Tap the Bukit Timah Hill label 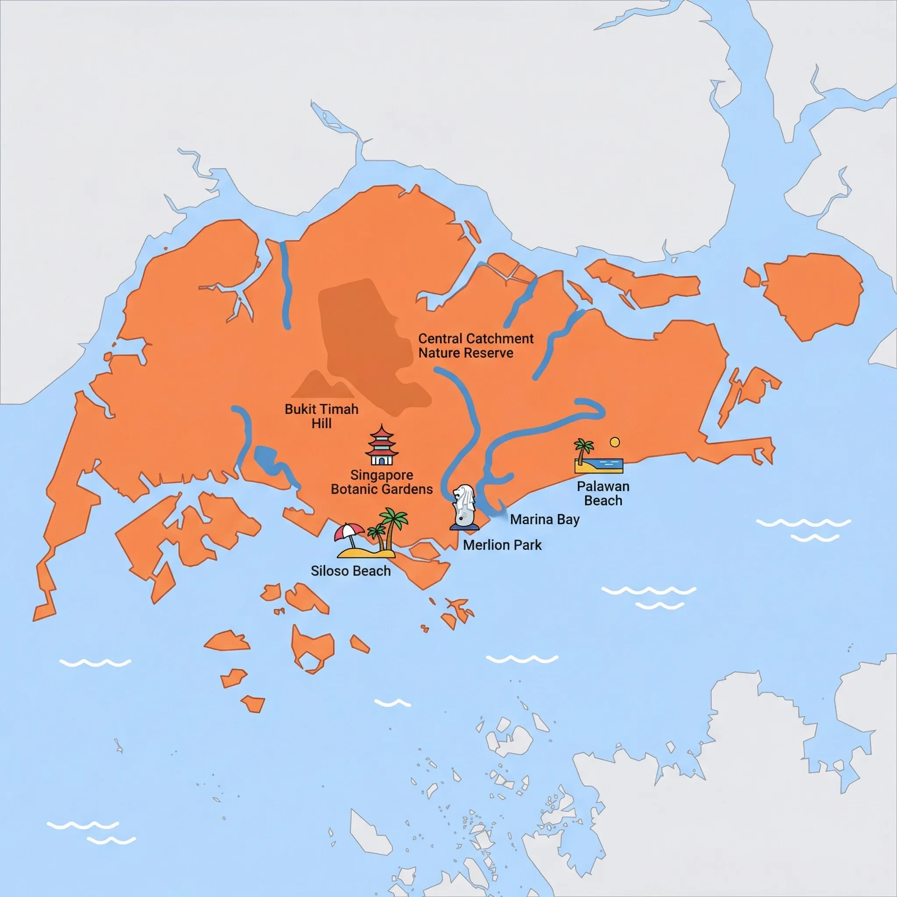click(321, 416)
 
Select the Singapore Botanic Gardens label click(381, 482)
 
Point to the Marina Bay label click(544, 519)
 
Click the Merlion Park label click(502, 545)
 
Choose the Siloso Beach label click(350, 571)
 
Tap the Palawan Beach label click(603, 494)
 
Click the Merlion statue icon click(464, 506)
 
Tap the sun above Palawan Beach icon click(614, 442)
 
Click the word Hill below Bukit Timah click(321, 424)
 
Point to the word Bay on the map click(568, 520)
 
